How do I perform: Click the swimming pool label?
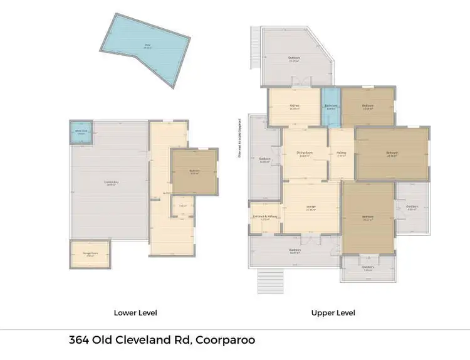[x=149, y=45]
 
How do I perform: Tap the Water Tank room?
[x=80, y=133]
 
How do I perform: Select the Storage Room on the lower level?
[x=88, y=255]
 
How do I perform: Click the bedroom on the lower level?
[x=194, y=171]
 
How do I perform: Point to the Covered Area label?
[x=112, y=183]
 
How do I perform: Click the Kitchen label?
[x=293, y=105]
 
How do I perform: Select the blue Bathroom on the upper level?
[x=331, y=107]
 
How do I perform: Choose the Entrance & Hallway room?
[x=265, y=217]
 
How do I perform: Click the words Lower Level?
[x=135, y=312]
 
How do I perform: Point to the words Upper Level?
[x=333, y=312]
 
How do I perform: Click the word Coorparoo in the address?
[x=225, y=341]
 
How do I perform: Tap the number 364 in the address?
[x=79, y=341]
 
